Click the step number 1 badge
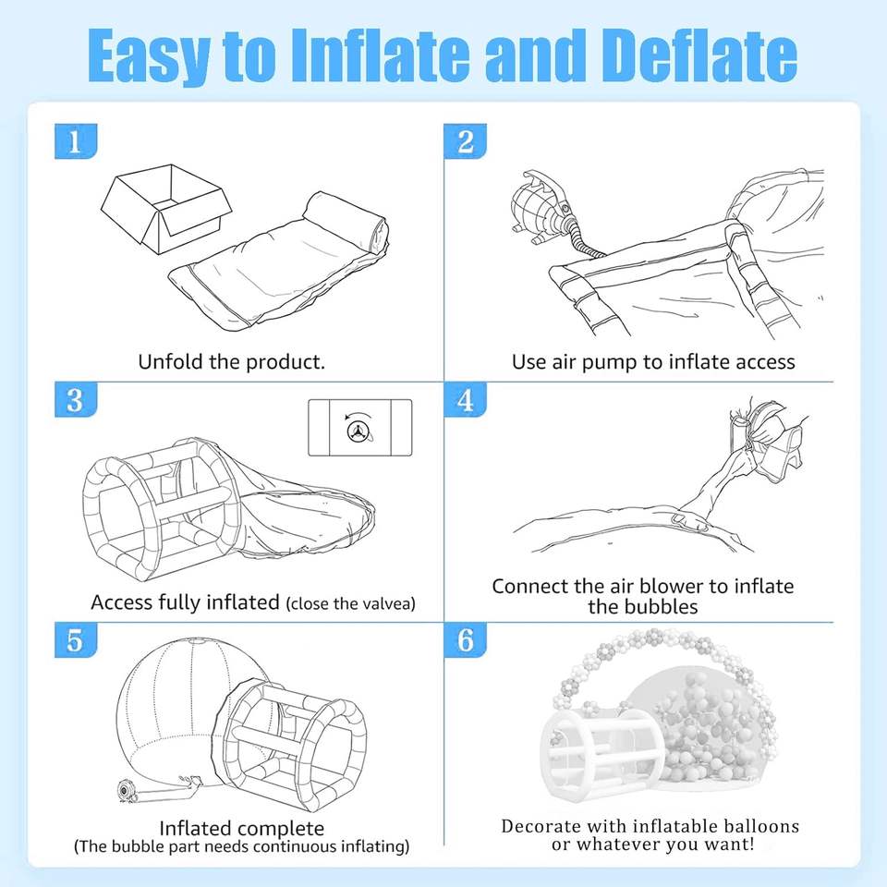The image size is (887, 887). (x=76, y=141)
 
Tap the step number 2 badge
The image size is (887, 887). (x=465, y=141)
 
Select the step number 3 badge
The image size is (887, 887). (x=76, y=399)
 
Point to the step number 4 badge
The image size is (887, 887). (x=465, y=399)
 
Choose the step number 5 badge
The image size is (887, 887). (x=76, y=639)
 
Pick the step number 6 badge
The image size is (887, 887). (x=465, y=639)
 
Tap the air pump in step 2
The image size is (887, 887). (x=541, y=206)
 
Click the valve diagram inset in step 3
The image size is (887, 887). (x=359, y=428)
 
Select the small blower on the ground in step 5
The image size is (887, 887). (x=128, y=790)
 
